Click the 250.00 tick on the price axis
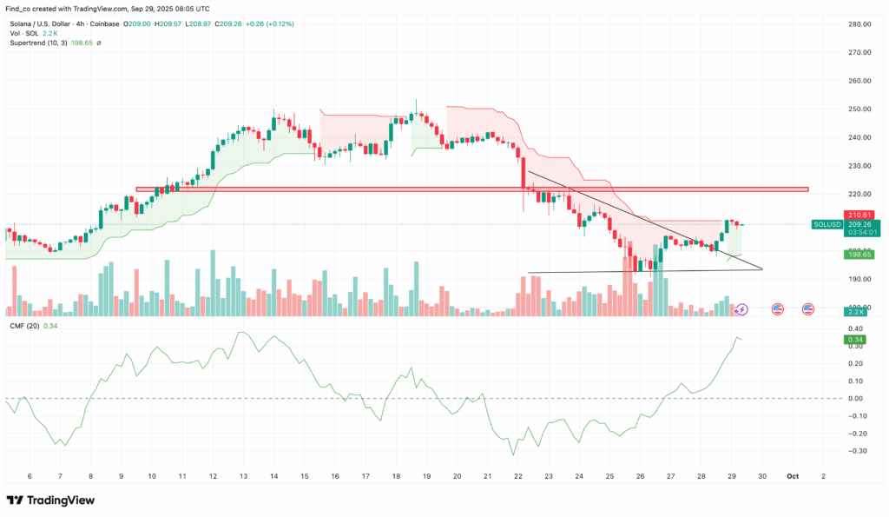[860, 109]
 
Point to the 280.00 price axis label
[860, 23]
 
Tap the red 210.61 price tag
[859, 215]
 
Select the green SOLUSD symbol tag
[826, 224]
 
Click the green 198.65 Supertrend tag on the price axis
[859, 254]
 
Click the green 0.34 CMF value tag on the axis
[856, 340]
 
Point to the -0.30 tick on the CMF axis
[856, 451]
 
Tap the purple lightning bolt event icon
[742, 308]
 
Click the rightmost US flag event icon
[808, 308]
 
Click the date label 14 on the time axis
[273, 476]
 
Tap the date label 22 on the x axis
[518, 476]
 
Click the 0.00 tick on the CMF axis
[858, 398]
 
